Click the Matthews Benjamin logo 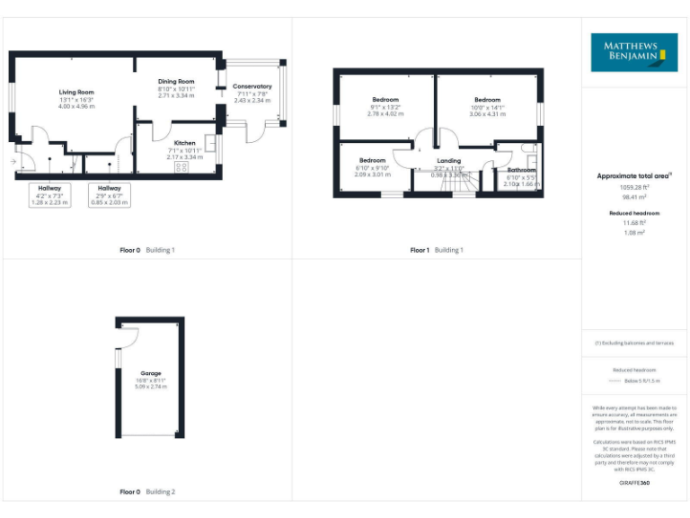(x=633, y=52)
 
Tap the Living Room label (x=76, y=93)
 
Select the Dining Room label (x=176, y=82)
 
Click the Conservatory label (x=253, y=87)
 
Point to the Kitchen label (x=185, y=143)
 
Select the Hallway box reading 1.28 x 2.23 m (x=49, y=195)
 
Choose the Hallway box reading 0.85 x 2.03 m (x=110, y=195)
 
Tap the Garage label (x=150, y=372)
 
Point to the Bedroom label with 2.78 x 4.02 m (x=385, y=100)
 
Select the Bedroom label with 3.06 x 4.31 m (x=487, y=100)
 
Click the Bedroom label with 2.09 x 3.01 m (x=373, y=160)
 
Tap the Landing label (x=448, y=161)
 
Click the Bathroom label (x=521, y=170)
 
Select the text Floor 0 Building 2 (x=147, y=492)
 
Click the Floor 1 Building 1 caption (x=437, y=250)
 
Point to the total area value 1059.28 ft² (x=633, y=187)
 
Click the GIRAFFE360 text (x=633, y=484)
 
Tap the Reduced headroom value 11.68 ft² (x=633, y=224)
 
